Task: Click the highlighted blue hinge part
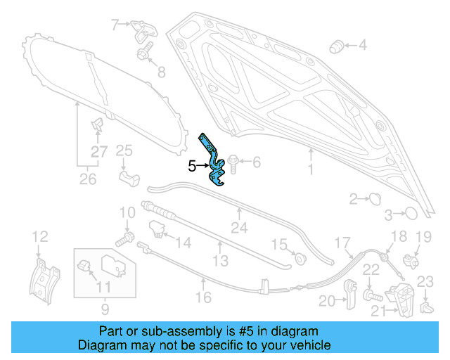[214, 160]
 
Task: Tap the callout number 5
[191, 167]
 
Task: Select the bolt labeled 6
[234, 163]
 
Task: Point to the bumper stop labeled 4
[336, 46]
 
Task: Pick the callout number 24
[240, 228]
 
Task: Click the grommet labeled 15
[300, 257]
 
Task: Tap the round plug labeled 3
[412, 213]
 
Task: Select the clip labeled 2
[373, 198]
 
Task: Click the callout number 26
[87, 179]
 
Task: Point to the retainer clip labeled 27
[97, 127]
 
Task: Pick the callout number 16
[203, 297]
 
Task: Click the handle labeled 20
[350, 295]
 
